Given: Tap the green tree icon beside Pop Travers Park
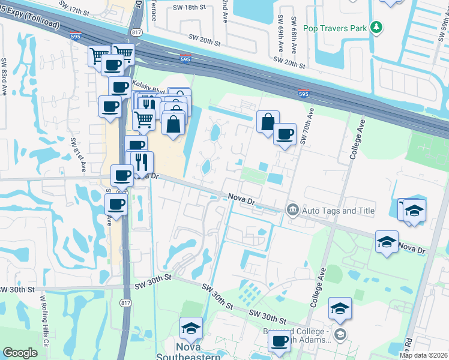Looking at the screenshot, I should [376, 27].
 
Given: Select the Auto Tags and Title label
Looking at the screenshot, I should [338, 211].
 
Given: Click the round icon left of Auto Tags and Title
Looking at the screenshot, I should [293, 210].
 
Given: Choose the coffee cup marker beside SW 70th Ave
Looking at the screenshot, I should [285, 133].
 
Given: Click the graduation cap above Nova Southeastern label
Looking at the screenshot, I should [191, 328].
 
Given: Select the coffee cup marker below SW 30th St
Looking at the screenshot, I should [279, 341].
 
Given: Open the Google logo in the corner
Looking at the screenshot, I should [20, 353].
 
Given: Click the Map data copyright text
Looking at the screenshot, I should [424, 355].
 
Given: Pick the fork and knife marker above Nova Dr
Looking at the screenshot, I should [142, 161].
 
